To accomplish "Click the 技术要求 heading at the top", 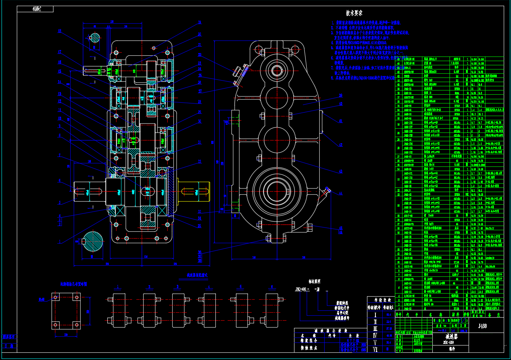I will click(x=354, y=13).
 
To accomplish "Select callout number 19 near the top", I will click(x=199, y=23).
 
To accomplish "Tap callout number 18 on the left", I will click(x=60, y=31).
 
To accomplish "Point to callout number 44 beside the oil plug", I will click(x=340, y=193).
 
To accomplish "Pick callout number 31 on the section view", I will click(x=199, y=142).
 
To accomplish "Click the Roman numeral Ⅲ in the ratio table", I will click(x=375, y=328).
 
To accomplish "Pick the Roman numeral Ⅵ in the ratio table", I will click(x=375, y=349).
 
